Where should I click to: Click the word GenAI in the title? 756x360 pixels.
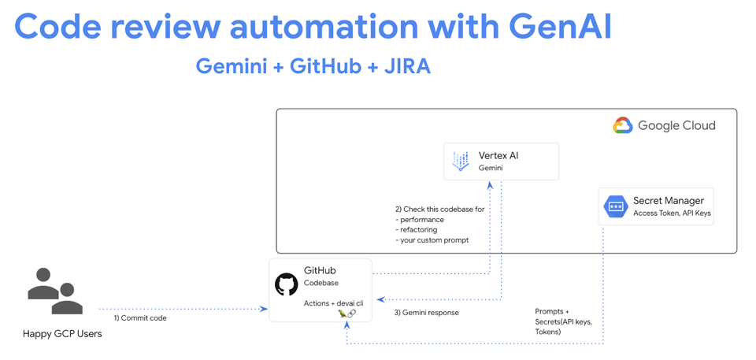(x=560, y=26)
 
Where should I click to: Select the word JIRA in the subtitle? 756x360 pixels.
(x=407, y=66)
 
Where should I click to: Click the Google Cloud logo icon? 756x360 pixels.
(x=622, y=125)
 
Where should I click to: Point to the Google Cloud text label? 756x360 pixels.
(x=676, y=125)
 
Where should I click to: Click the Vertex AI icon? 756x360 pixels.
(x=461, y=161)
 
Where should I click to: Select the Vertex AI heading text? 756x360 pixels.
(x=498, y=156)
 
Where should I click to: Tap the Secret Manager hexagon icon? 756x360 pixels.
(x=615, y=206)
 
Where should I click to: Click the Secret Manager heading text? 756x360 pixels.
(x=668, y=201)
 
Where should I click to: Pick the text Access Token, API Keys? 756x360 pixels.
(x=672, y=213)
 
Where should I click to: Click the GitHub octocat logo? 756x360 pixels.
(x=286, y=284)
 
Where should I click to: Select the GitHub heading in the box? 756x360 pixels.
(x=320, y=271)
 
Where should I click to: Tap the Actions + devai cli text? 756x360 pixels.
(x=333, y=303)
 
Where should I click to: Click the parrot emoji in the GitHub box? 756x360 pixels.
(x=342, y=314)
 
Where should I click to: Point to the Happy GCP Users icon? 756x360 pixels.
(x=54, y=291)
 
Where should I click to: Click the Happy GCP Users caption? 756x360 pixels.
(x=62, y=333)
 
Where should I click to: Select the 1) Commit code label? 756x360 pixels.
(x=140, y=318)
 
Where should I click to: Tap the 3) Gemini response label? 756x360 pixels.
(x=426, y=313)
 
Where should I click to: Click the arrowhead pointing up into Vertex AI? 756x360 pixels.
(x=490, y=186)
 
